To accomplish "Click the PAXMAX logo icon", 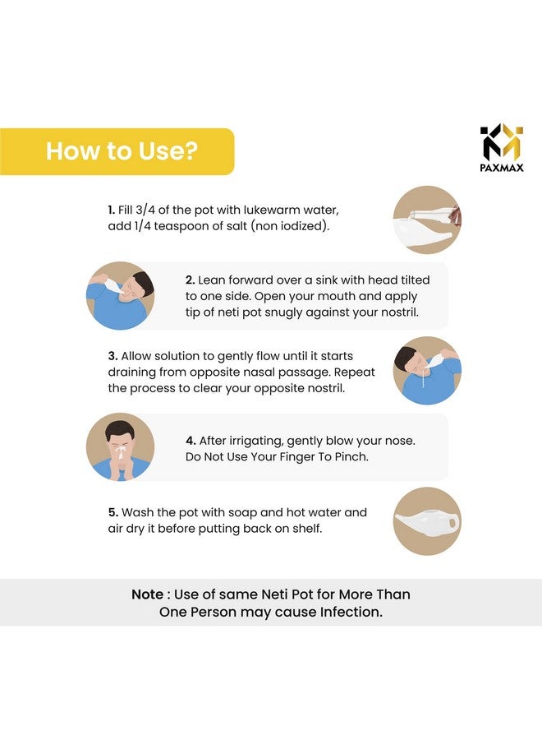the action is tap(502, 142).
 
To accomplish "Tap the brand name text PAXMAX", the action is tap(502, 168).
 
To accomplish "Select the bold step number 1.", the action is tap(111, 210).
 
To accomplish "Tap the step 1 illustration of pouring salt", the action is tap(427, 220).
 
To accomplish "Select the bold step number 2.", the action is tap(190, 280).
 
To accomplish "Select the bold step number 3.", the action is tap(113, 356).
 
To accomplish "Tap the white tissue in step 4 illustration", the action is tap(120, 453).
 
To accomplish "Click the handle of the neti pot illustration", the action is tap(452, 523).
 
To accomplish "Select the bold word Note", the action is tap(148, 594).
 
